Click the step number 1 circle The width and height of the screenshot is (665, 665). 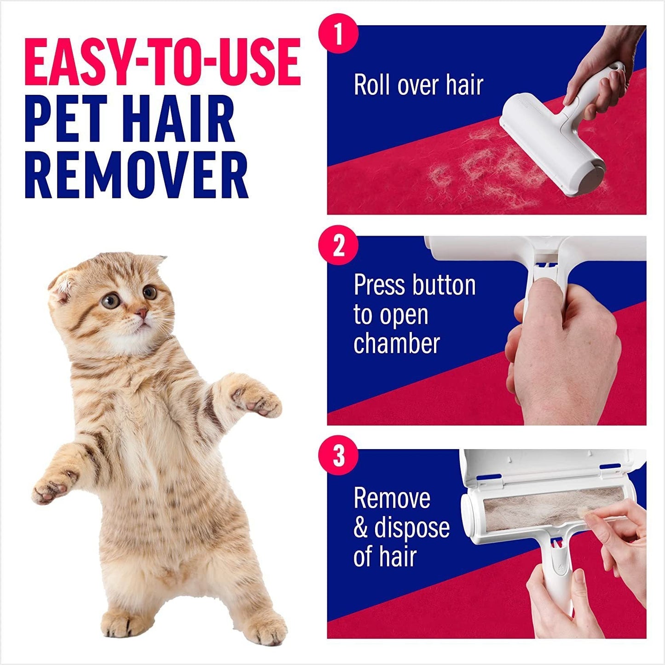pos(338,33)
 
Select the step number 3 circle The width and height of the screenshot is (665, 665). pos(338,456)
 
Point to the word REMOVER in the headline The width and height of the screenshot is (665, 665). pos(137,176)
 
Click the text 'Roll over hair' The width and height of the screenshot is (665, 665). pos(418,85)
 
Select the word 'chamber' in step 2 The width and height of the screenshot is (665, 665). pos(397,344)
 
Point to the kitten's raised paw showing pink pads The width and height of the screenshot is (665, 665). pos(255,401)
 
